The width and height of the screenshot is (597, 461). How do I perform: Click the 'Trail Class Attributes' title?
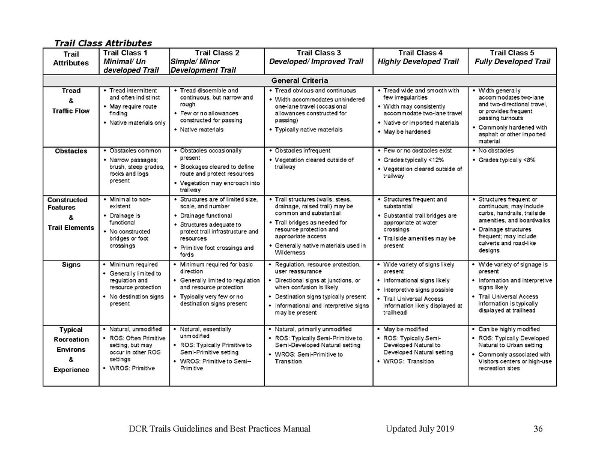click(103, 43)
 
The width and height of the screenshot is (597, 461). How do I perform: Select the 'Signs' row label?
click(71, 265)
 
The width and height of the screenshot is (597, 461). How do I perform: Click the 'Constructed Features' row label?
click(67, 203)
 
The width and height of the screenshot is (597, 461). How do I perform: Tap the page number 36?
click(538, 429)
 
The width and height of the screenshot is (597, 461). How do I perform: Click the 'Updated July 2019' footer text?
click(420, 429)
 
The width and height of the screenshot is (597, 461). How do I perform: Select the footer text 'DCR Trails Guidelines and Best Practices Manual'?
click(219, 429)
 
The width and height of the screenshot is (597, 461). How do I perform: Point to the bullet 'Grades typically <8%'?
click(506, 160)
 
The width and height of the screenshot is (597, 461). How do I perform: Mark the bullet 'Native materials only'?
click(137, 122)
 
